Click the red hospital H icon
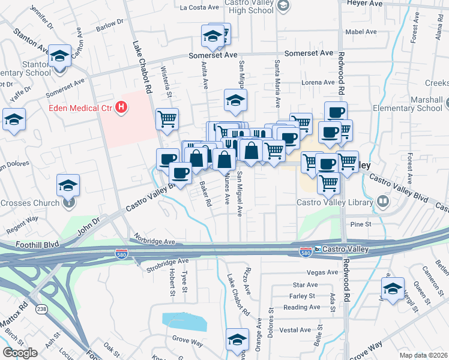tap(122, 108)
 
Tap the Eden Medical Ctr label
tap(82, 109)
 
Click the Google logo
tap(20, 353)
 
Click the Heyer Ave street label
tap(364, 4)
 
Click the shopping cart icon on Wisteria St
tap(167, 118)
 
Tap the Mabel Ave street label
tap(360, 32)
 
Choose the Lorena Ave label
tap(318, 82)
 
